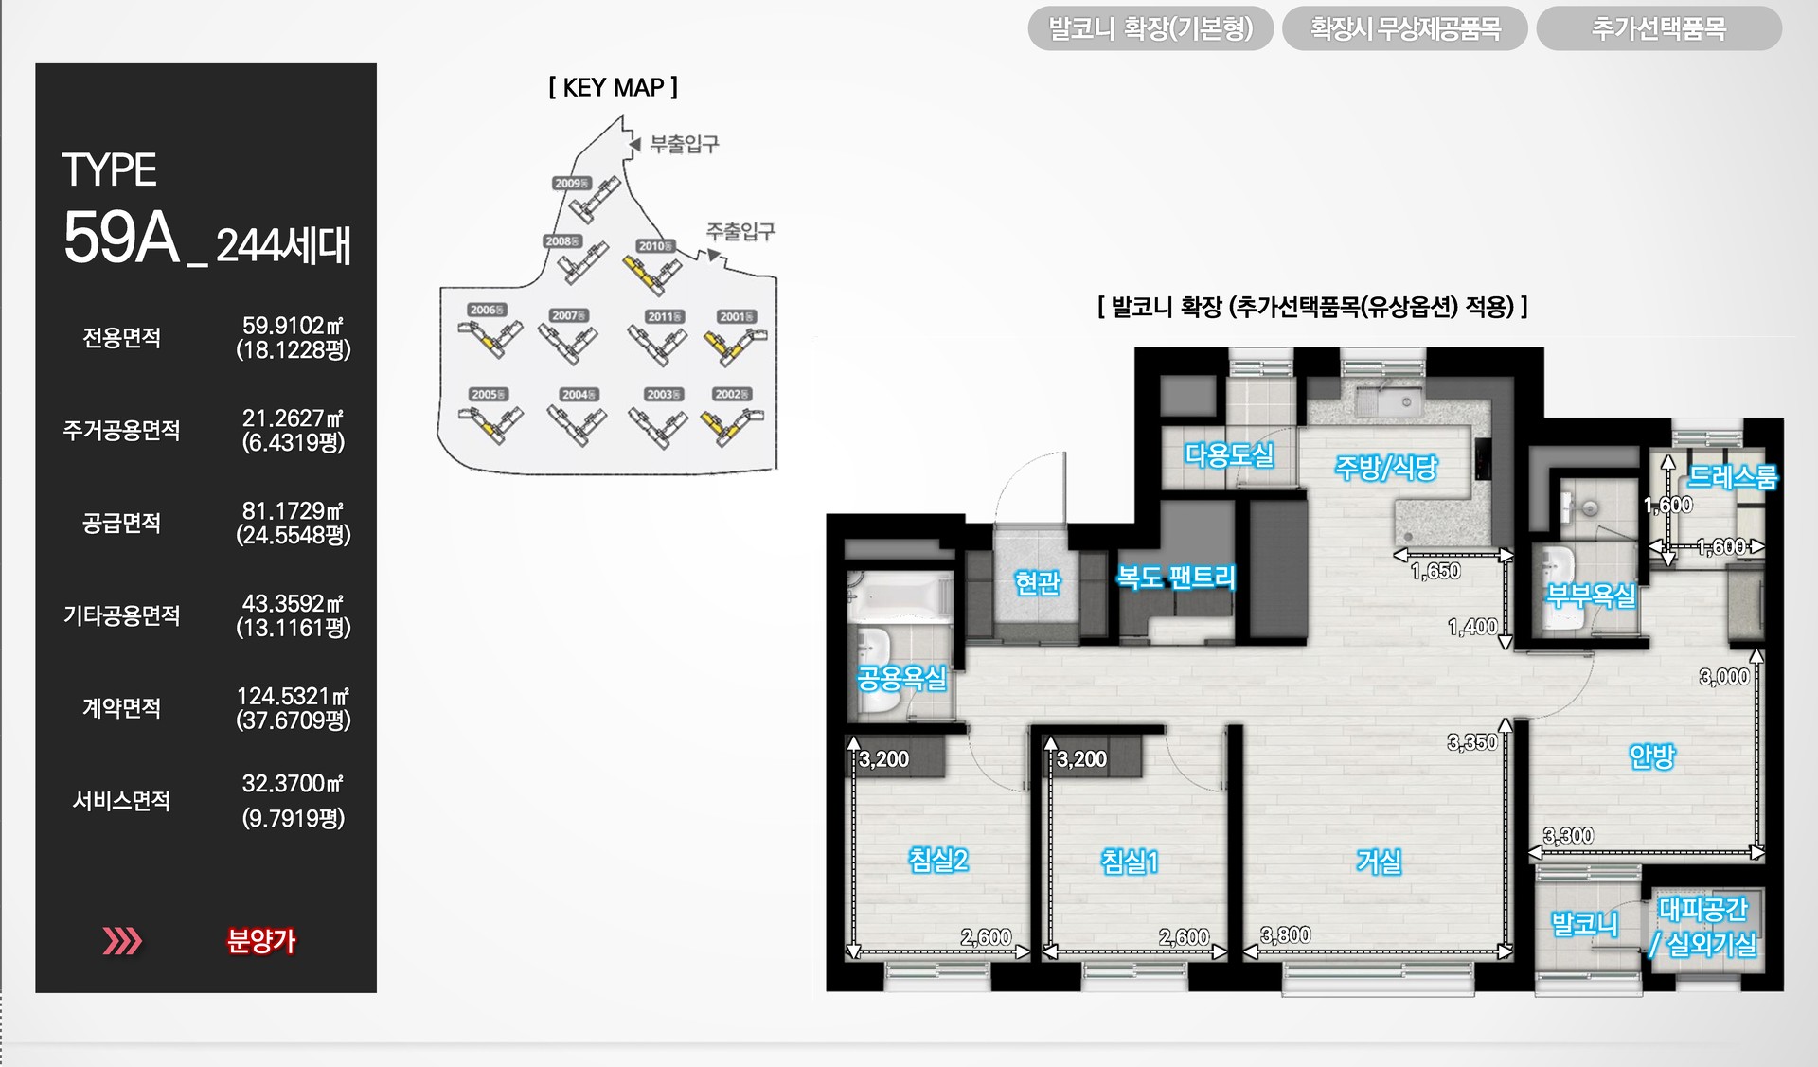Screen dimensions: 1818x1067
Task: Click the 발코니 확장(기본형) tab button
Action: click(x=1150, y=28)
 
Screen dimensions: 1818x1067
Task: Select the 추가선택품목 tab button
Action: click(x=1658, y=28)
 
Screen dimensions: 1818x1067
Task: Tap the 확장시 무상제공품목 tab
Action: click(x=1404, y=28)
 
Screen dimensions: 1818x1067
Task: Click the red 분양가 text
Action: click(x=261, y=941)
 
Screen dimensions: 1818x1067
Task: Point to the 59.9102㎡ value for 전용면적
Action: click(x=293, y=326)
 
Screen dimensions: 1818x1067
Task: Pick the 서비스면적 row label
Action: click(x=121, y=801)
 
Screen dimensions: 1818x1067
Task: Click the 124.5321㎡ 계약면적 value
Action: click(x=293, y=697)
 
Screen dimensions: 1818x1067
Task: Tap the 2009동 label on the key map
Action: click(x=571, y=184)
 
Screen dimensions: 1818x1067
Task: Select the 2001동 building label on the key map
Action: click(x=736, y=316)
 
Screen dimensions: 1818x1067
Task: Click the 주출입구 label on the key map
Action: click(x=740, y=231)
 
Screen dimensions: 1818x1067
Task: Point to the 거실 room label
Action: click(x=1379, y=861)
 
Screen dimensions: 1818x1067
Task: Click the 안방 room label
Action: click(x=1652, y=756)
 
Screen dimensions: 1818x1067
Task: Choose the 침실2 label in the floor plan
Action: click(x=938, y=860)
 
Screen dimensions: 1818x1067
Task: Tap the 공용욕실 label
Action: click(x=901, y=678)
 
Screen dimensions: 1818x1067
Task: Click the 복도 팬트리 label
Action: click(x=1176, y=577)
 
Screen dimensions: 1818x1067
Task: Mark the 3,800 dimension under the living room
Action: click(x=1286, y=935)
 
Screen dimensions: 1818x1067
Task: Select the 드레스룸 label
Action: click(x=1733, y=476)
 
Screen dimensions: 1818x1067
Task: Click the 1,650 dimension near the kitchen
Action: click(x=1435, y=571)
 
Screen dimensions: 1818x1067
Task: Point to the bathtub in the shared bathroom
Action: click(x=900, y=596)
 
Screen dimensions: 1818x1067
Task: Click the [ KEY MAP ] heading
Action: click(x=613, y=88)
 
